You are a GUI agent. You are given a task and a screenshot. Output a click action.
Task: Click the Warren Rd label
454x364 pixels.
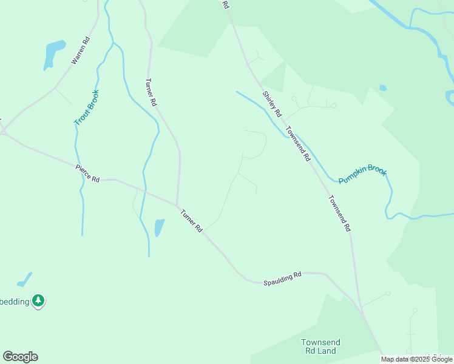coord(80,51)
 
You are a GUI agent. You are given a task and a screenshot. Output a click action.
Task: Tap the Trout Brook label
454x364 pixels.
coord(86,108)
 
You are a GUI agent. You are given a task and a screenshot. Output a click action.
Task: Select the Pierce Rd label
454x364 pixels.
coord(87,174)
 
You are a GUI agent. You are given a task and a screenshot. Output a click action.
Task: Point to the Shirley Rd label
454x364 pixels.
coord(272,104)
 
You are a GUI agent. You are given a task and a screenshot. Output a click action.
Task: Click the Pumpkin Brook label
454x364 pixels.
coord(362,175)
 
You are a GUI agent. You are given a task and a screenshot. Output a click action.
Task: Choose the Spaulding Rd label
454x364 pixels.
coord(282,279)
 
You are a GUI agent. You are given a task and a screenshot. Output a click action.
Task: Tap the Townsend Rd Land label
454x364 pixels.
coord(320,346)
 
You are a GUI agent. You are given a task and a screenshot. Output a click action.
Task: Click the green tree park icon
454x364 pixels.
coord(39,300)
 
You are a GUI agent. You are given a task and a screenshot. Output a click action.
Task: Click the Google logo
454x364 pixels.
coord(20,357)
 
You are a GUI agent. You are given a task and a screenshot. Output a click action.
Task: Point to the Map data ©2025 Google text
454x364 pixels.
coord(416,359)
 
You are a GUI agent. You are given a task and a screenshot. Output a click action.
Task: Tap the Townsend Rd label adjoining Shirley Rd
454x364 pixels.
coord(298,143)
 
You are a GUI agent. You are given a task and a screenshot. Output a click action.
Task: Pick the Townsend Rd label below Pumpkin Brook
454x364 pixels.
coord(339,214)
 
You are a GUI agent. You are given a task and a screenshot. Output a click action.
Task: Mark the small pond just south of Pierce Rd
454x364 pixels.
coord(159,227)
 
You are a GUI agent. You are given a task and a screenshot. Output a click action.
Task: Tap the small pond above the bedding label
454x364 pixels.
coord(25,280)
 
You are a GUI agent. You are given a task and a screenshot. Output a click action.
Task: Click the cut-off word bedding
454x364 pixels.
coord(15,301)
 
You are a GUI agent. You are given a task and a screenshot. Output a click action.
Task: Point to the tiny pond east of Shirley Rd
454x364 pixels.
coord(382,88)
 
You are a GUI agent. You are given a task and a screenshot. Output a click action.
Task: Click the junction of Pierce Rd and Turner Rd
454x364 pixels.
coord(177,204)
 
